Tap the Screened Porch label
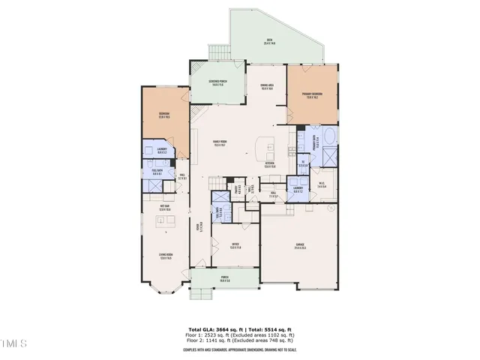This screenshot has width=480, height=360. tap(219, 84)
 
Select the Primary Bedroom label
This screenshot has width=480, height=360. tap(311, 96)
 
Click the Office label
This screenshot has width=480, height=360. tap(235, 246)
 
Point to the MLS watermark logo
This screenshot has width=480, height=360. tap(14, 346)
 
